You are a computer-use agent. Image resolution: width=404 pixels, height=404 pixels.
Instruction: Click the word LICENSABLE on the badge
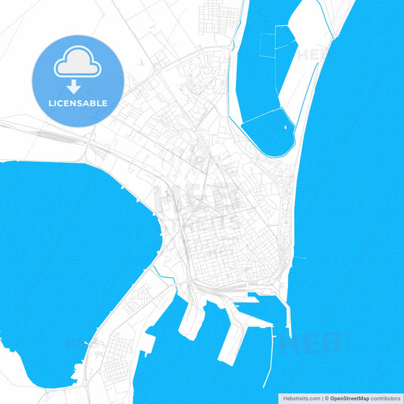78,102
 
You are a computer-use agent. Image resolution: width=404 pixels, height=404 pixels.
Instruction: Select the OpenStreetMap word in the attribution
349,398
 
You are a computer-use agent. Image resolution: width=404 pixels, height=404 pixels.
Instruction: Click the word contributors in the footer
385,398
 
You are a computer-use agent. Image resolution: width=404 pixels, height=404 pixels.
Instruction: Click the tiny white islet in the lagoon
286,127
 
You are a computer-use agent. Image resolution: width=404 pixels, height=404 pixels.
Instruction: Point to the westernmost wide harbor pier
191,321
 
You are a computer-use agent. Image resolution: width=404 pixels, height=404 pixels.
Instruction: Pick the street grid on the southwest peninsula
117,356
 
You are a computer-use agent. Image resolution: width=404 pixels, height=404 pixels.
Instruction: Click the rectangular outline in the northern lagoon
267,45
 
